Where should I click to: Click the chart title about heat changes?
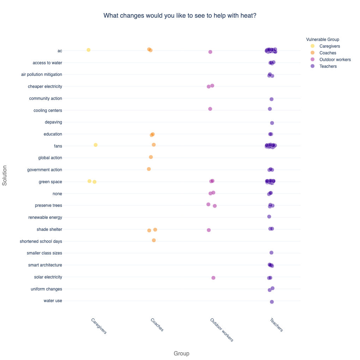(x=180, y=16)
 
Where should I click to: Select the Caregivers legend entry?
(x=329, y=46)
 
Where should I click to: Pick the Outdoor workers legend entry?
(x=335, y=60)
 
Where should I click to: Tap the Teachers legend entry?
(x=328, y=66)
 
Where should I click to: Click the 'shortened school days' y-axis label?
(x=41, y=241)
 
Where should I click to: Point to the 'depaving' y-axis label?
(x=53, y=122)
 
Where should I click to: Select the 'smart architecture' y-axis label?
(x=45, y=265)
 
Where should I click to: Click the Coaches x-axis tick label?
(x=157, y=325)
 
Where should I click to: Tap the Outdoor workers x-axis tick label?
(x=222, y=330)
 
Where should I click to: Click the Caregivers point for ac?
(x=89, y=50)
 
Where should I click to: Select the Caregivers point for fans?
(x=96, y=145)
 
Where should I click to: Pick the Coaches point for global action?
(x=151, y=157)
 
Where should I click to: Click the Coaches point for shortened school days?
(x=154, y=240)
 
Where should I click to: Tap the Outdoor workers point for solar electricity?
(x=214, y=278)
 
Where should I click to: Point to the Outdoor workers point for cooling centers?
(x=210, y=109)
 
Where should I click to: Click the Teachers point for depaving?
(x=272, y=123)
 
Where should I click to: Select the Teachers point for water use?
(x=272, y=302)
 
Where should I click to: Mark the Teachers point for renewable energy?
(x=269, y=216)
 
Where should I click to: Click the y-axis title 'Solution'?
(x=5, y=175)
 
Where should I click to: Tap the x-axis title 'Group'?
(x=181, y=353)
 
